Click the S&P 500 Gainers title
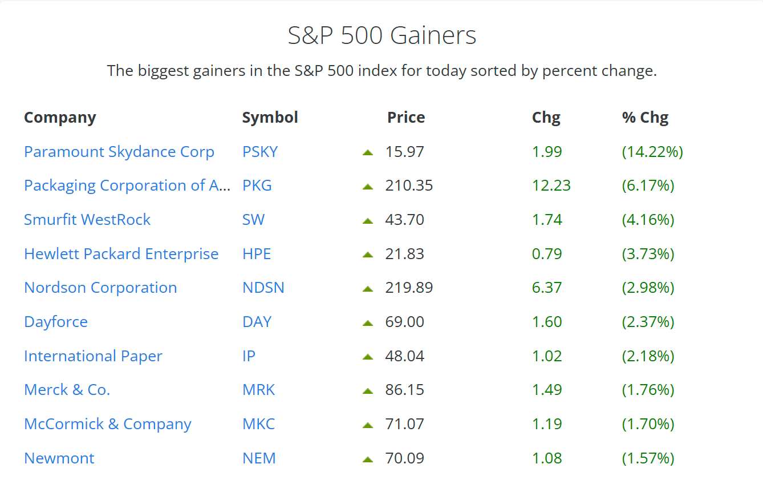(x=381, y=35)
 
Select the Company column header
(x=60, y=118)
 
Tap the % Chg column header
(x=645, y=118)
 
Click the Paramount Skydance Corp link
(x=119, y=152)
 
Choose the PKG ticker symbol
(x=257, y=185)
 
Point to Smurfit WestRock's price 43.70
(x=404, y=220)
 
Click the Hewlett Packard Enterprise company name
(x=121, y=254)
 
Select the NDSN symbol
(x=263, y=288)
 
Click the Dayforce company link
(x=56, y=322)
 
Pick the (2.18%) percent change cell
(x=648, y=356)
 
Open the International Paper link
(x=93, y=356)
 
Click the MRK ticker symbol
(x=258, y=390)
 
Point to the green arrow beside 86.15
(x=368, y=391)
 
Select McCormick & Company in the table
(x=108, y=424)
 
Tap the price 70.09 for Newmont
(x=404, y=458)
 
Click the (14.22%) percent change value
(x=652, y=152)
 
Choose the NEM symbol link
(x=259, y=458)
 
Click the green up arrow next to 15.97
(x=368, y=153)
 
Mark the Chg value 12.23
(x=551, y=185)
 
